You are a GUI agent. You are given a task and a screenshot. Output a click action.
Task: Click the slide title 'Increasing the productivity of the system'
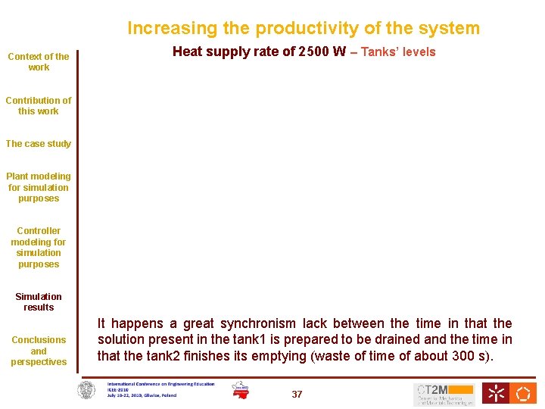(303, 29)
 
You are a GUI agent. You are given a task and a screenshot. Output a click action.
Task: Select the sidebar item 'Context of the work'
(39, 61)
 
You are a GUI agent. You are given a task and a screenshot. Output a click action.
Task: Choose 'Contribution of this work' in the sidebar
(39, 105)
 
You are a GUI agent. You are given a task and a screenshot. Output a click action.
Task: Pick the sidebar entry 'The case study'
(39, 144)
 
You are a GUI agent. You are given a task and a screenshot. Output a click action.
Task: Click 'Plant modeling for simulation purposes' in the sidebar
(39, 187)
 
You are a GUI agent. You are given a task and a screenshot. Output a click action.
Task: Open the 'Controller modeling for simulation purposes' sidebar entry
(39, 247)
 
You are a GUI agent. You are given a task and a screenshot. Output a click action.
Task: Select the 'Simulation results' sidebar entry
(39, 301)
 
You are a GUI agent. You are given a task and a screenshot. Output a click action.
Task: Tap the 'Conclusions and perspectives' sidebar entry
(39, 351)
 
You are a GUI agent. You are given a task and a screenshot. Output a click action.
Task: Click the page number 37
(297, 395)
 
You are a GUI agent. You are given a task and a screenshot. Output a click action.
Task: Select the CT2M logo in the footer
(444, 394)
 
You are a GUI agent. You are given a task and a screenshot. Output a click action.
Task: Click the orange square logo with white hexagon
(524, 393)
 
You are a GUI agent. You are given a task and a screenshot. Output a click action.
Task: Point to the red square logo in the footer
(497, 393)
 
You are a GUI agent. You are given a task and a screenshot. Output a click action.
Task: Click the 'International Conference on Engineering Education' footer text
(160, 385)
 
